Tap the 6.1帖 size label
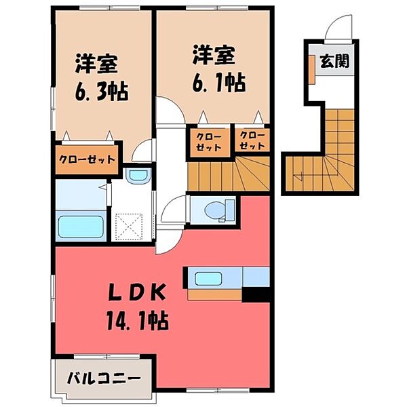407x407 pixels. pos(218,83)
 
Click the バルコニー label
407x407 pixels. pos(103,376)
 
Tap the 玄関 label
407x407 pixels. pos(334,62)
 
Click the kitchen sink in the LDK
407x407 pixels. pos(213,277)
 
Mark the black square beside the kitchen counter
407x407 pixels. pos(256,293)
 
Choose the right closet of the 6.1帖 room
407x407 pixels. pos(251,140)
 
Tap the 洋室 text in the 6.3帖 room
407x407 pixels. pos(96,63)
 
